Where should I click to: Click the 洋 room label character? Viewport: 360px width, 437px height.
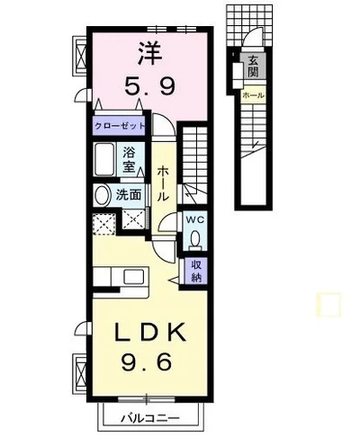point(150,53)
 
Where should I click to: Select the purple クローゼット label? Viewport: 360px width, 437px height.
point(120,126)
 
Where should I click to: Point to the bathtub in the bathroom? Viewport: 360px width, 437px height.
point(104,159)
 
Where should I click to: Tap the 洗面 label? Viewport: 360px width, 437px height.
point(129,195)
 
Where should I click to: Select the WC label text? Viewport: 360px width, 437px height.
point(195,219)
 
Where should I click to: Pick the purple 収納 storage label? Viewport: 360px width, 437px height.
point(196,271)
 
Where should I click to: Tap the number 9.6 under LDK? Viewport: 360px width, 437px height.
point(147,361)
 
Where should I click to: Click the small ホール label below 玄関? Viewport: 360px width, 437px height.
point(254,95)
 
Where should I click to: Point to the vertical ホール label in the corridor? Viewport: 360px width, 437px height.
point(163,184)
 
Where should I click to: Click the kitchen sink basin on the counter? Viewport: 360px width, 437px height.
point(133,276)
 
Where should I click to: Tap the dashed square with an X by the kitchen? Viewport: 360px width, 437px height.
point(104,224)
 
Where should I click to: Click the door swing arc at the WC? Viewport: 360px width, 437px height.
point(166,220)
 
